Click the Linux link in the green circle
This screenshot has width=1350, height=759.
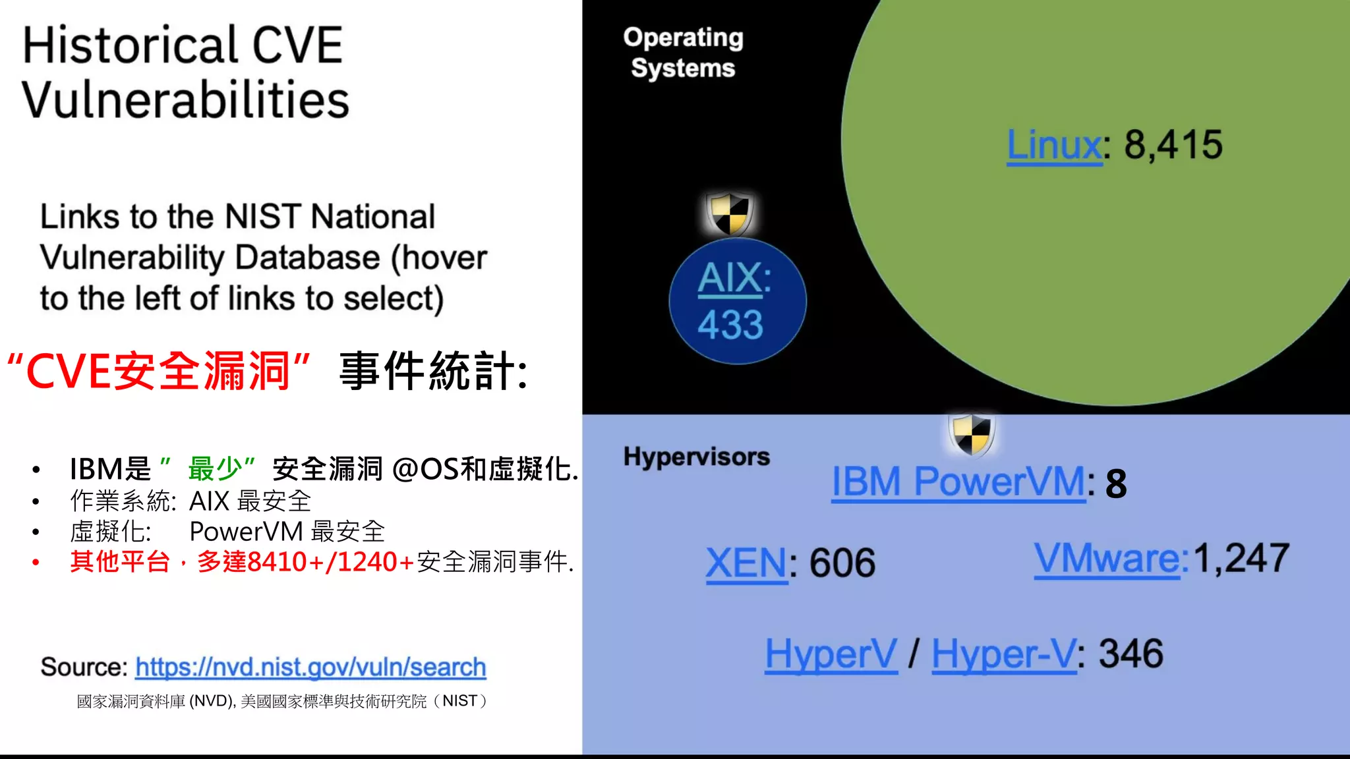tap(1053, 146)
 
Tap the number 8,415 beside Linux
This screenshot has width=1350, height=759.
tap(1173, 145)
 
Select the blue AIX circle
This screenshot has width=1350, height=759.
tap(737, 302)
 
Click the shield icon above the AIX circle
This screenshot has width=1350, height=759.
tap(730, 213)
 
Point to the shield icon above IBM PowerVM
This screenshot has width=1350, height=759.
tap(972, 434)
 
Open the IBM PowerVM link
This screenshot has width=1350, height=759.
tap(958, 482)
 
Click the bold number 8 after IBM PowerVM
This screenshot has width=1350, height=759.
tap(1116, 484)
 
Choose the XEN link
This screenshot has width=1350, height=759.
tap(746, 564)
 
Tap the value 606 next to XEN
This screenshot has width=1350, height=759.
tap(842, 564)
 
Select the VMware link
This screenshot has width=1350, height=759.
tap(1107, 559)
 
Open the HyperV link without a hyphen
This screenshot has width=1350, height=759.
tap(831, 654)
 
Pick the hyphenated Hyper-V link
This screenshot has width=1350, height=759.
tap(1003, 654)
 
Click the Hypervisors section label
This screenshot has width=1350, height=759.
tap(696, 457)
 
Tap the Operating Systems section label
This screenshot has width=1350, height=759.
tap(683, 53)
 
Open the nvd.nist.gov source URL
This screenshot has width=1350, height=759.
tap(310, 667)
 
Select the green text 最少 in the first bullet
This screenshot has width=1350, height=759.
tap(215, 469)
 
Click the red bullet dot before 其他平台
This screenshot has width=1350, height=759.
tap(36, 563)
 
